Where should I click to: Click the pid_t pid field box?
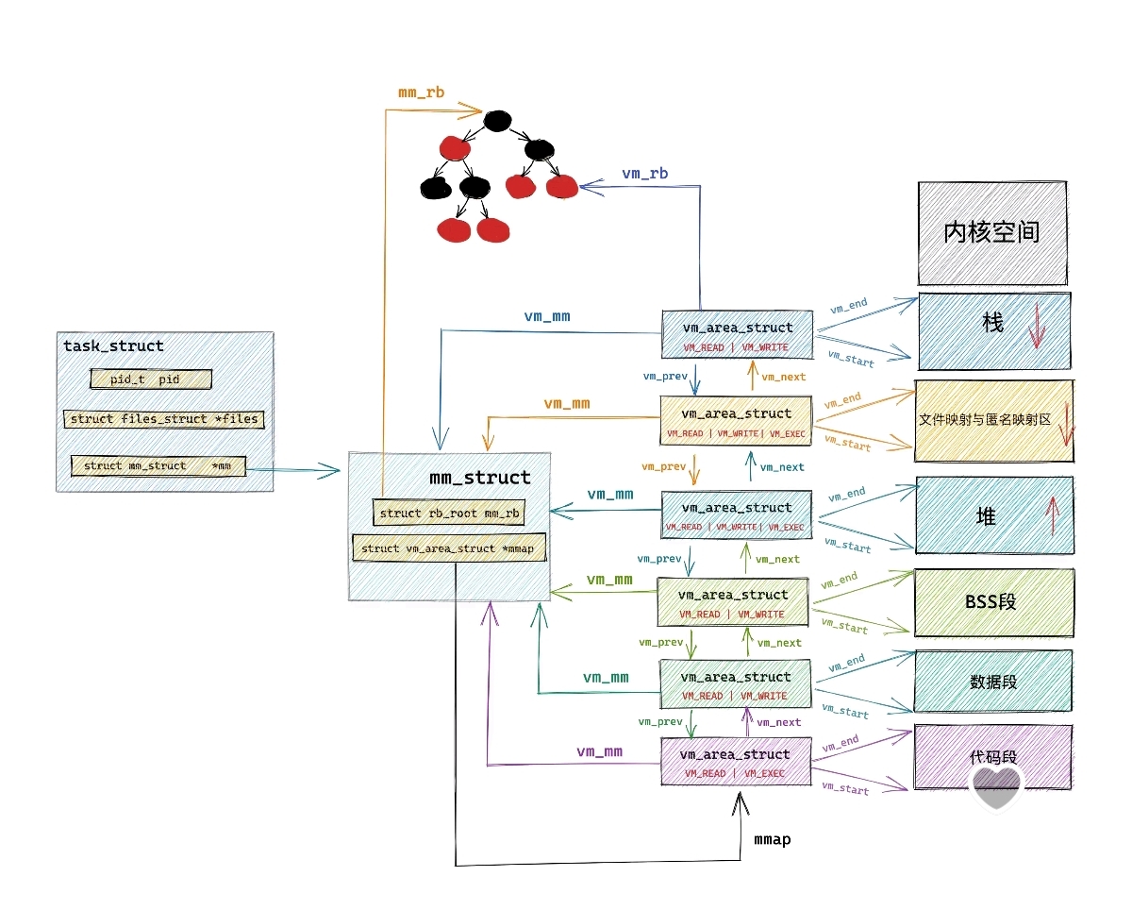click(x=151, y=379)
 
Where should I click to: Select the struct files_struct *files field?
click(x=164, y=419)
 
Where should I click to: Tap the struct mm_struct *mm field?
click(x=158, y=466)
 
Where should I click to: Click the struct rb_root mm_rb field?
click(x=449, y=514)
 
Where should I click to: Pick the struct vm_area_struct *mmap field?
click(x=449, y=548)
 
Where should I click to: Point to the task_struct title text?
click(x=113, y=346)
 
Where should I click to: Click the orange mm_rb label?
click(x=421, y=93)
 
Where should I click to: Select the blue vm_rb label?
click(x=645, y=175)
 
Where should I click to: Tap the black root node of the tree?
click(x=497, y=120)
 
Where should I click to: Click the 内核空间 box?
click(x=991, y=233)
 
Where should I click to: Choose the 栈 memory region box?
click(x=993, y=330)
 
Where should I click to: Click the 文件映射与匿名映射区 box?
click(x=993, y=421)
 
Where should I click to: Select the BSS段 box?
click(x=993, y=602)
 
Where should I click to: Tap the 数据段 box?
click(x=993, y=681)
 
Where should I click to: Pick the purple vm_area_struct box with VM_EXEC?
click(x=735, y=763)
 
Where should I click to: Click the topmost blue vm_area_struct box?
click(x=737, y=335)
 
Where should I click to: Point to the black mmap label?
click(x=772, y=839)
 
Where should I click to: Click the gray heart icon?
click(x=997, y=788)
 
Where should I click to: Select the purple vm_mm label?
click(x=599, y=752)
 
